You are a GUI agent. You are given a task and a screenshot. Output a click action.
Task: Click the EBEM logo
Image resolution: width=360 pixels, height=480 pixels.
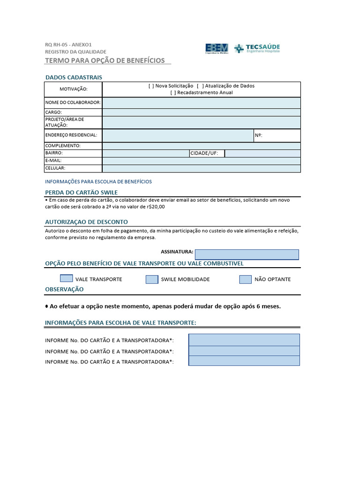pos(217,48)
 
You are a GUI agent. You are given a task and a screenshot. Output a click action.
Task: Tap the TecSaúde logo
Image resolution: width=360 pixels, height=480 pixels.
pos(257,48)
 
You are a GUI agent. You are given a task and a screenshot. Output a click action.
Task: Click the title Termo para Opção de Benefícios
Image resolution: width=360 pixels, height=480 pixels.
pos(105,60)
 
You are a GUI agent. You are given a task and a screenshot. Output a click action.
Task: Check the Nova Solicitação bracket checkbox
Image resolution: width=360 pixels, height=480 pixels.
pos(151,86)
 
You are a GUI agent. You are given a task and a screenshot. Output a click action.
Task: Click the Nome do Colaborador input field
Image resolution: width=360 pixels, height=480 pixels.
pos(201,103)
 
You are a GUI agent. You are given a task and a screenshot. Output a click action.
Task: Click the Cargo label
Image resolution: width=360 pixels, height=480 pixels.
pos(53,112)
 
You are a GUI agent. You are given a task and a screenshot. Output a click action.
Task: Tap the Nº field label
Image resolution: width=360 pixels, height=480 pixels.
pos(258,135)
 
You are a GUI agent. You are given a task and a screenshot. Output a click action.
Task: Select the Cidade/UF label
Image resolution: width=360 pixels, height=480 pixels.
pos(204,153)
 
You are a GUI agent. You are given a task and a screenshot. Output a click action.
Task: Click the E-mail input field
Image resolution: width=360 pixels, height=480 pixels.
pos(201,161)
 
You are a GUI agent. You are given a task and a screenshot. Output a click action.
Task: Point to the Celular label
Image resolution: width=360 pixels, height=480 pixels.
pos(55,168)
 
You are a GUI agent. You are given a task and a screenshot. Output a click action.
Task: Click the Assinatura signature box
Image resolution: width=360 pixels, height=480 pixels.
pos(247,254)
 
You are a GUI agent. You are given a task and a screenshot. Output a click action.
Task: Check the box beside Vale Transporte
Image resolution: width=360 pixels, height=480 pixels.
pos(67,279)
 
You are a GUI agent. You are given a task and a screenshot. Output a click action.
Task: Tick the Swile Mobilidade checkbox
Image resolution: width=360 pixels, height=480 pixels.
pos(152,279)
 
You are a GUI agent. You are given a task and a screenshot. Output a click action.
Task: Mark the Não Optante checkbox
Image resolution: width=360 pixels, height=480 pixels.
pos(246,279)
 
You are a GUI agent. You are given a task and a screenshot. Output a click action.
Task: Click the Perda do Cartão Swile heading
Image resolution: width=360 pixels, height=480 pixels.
pos(81,193)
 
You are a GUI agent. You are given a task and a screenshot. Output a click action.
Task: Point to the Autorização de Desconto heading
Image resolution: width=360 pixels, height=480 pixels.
pos(86,222)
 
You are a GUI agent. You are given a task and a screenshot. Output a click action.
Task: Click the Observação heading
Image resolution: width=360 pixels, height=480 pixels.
pos(64,289)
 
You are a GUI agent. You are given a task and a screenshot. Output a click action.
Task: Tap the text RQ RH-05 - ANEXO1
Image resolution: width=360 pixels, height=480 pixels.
pos(68,45)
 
